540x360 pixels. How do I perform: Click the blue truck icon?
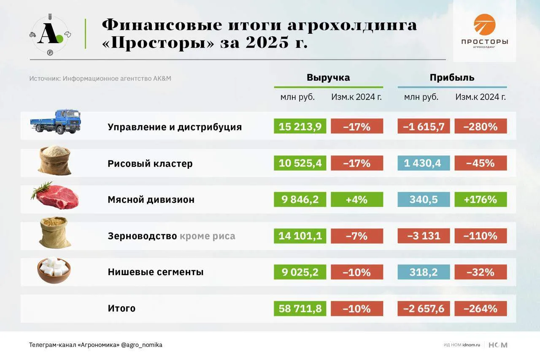(x=55, y=122)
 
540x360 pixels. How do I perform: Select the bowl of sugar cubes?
(x=54, y=270)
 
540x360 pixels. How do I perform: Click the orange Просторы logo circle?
(x=485, y=24)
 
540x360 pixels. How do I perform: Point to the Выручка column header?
(x=328, y=78)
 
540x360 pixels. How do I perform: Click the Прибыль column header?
(x=452, y=78)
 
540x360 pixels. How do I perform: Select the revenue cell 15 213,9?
(x=300, y=126)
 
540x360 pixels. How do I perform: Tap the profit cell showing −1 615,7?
(x=424, y=126)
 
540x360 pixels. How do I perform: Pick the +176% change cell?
(x=481, y=199)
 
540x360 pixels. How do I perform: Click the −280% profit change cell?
(x=481, y=126)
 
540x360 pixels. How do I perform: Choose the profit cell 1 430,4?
(x=424, y=163)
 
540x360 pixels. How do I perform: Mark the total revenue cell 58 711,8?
(x=300, y=309)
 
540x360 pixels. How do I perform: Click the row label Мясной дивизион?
(x=151, y=200)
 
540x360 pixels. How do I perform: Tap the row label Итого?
(x=121, y=309)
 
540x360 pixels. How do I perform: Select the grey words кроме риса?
(x=207, y=236)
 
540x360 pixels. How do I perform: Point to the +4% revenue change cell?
(x=357, y=199)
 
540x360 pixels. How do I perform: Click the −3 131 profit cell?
(x=424, y=236)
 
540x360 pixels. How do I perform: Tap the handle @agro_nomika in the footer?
(x=142, y=345)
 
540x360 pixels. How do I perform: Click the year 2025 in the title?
(x=267, y=43)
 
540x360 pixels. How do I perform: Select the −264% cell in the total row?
(x=481, y=309)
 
